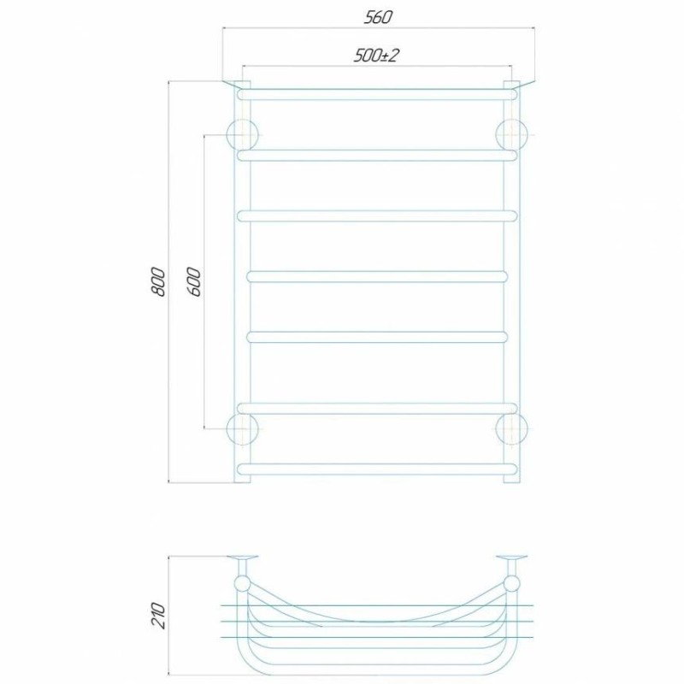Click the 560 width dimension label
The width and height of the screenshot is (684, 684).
(378, 17)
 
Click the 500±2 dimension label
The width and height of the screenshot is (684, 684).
(376, 56)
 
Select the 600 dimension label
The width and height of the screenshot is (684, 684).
(195, 282)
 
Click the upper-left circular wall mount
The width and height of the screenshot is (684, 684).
(243, 135)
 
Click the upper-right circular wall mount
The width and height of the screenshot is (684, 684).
(511, 135)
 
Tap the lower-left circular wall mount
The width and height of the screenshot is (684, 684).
(243, 429)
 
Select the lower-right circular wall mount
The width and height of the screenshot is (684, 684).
(511, 429)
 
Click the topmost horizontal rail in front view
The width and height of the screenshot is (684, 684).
(377, 95)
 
